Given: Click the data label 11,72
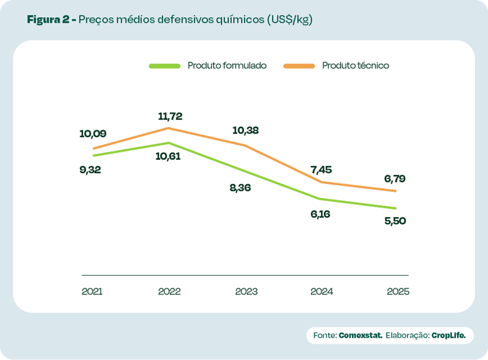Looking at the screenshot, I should coord(170,117).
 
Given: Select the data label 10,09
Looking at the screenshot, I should coord(93,134).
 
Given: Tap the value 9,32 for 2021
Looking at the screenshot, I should coord(91,170).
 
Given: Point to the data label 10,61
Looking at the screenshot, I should coord(168,156).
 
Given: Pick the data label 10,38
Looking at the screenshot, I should coord(245,130).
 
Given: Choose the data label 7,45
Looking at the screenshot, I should coord(322,169).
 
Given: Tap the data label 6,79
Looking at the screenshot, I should coord(395,179).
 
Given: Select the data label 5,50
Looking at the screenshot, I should coord(395,221).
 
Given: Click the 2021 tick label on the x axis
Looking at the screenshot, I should coord(92,292).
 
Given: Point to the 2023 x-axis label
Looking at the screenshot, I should coord(246,292).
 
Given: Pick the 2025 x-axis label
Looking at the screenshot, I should coord(398,292).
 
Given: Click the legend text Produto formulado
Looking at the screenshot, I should coord(227,65).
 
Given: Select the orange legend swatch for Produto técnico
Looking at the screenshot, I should coord(299,66).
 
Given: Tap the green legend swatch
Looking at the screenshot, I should coord(165,66).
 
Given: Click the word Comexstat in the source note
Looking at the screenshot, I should coord(361,335).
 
